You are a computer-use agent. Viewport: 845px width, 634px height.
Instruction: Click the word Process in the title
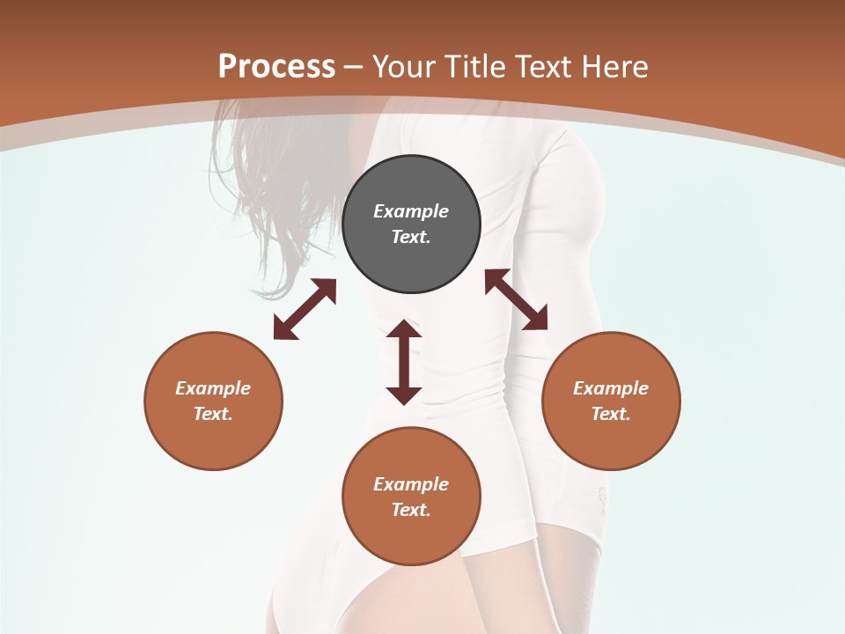[x=276, y=66]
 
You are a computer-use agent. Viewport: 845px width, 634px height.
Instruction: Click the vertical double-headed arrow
[x=404, y=362]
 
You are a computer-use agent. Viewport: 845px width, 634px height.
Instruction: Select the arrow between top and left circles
[x=305, y=309]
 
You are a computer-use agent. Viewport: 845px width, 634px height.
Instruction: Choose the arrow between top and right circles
[x=516, y=299]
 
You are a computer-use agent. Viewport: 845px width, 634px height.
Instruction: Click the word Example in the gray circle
[x=411, y=211]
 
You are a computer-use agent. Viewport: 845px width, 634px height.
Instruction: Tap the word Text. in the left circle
[x=213, y=414]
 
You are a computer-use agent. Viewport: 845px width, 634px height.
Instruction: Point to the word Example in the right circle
[x=611, y=388]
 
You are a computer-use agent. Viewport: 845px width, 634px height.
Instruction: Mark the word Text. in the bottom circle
[x=411, y=510]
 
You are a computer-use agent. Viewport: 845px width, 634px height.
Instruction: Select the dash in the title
[x=354, y=67]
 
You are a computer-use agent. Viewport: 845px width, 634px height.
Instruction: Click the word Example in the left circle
[x=213, y=388]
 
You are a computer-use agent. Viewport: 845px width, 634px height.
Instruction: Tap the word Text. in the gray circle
[x=411, y=237]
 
